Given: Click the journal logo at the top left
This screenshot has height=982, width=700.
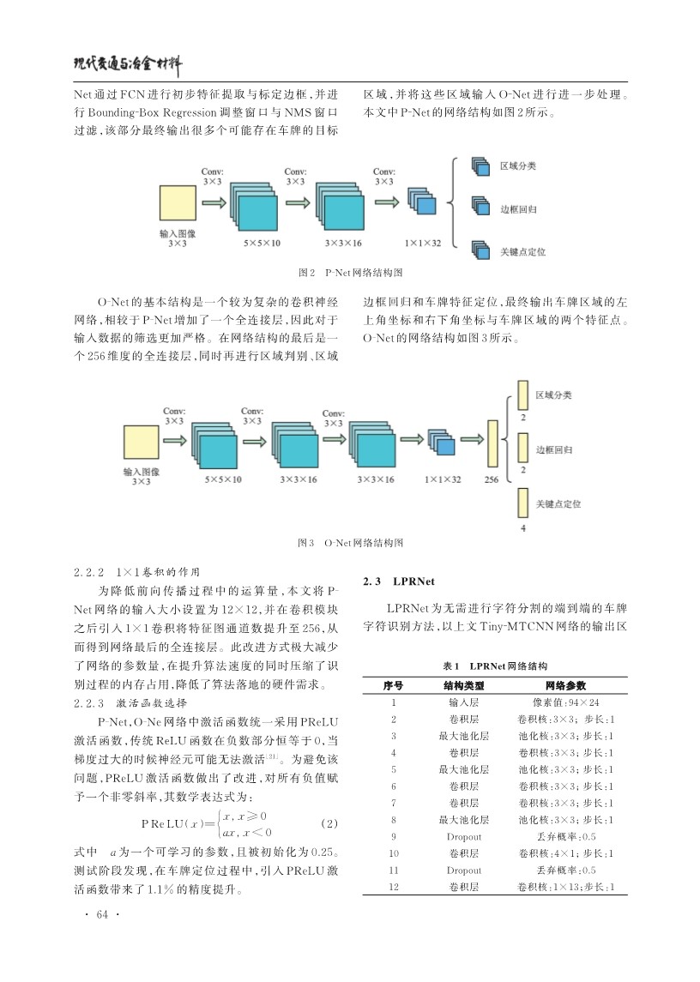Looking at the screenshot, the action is tap(128, 63).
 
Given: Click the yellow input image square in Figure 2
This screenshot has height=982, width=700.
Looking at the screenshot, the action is tap(178, 203).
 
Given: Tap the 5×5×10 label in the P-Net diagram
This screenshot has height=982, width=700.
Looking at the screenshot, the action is tap(262, 243).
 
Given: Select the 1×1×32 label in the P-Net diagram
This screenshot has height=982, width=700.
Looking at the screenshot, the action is tap(423, 243).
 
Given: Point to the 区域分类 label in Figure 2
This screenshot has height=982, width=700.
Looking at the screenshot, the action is tap(517, 166).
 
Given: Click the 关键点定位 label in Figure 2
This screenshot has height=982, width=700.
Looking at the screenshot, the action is tap(522, 252).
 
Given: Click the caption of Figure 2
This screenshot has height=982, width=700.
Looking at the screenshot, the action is tap(350, 273).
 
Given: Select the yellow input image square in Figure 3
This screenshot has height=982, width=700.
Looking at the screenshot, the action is tap(141, 443).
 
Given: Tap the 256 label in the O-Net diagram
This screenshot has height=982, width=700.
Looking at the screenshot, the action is tap(492, 479).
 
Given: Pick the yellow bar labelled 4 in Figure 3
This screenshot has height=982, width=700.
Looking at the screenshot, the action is tap(522, 503).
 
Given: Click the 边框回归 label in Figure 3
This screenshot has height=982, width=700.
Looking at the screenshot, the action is tap(553, 449).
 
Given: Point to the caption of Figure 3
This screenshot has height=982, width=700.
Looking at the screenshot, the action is tap(350, 542).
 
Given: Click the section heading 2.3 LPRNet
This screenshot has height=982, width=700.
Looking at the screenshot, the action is tap(399, 581).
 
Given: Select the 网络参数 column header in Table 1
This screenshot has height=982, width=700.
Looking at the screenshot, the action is tap(565, 686).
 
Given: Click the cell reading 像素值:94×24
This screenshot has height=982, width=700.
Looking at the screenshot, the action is tap(565, 702).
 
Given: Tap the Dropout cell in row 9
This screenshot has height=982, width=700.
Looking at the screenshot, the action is tap(464, 837).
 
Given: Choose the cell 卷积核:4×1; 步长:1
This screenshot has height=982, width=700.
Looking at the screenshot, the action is tap(566, 853).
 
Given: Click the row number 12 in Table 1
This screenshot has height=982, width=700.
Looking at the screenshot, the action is tap(394, 887).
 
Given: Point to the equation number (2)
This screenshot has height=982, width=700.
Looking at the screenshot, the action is tap(329, 823).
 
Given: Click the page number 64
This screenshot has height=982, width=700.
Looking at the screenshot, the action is tap(102, 914).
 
